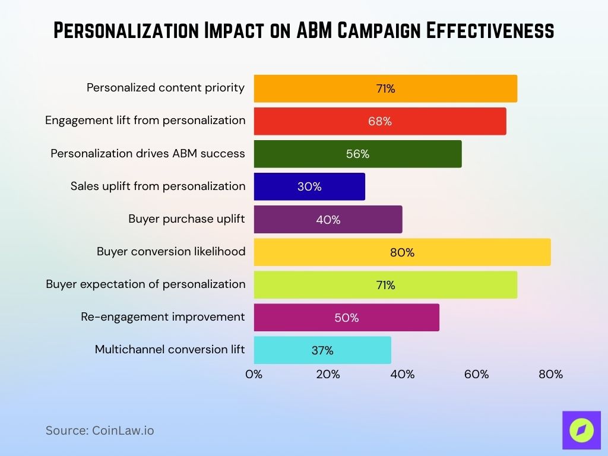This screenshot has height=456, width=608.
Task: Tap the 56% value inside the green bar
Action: (x=357, y=154)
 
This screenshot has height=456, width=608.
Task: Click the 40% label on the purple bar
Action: (x=328, y=220)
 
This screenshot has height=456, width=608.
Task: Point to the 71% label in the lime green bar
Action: (x=385, y=285)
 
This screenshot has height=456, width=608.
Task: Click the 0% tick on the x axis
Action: (x=254, y=375)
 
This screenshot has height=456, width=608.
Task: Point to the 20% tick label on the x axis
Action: (x=328, y=375)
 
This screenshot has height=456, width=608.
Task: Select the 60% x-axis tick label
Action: (x=476, y=375)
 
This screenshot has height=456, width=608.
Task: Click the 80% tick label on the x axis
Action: (x=550, y=375)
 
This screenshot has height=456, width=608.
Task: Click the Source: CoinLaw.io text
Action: (x=100, y=430)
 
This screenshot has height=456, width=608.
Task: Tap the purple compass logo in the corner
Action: (x=581, y=429)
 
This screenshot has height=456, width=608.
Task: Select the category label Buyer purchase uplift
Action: (x=186, y=219)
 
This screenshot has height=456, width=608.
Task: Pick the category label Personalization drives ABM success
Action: (x=148, y=154)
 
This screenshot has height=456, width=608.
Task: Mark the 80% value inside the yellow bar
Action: (x=402, y=252)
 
